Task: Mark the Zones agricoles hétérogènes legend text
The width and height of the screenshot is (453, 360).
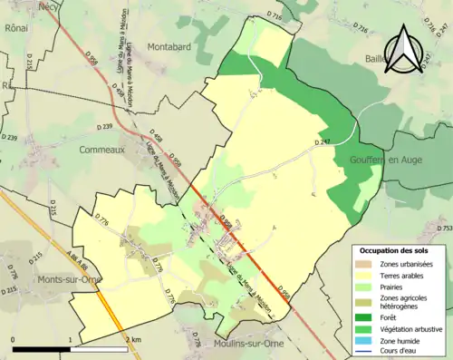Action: pyautogui.click(x=406, y=303)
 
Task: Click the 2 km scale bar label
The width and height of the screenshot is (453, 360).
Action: pyautogui.click(x=132, y=338)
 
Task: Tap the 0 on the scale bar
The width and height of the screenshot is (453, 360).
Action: pyautogui.click(x=14, y=338)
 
